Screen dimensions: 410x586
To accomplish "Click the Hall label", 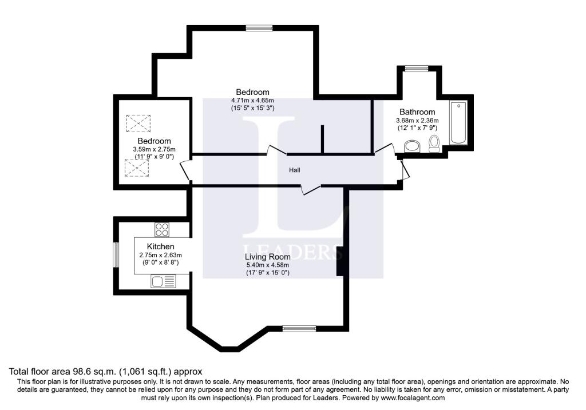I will tap(294, 170).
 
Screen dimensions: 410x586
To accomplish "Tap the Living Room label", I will tap(267, 257).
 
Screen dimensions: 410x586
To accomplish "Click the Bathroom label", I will tap(417, 112).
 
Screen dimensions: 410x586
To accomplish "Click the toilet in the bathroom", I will tap(434, 144).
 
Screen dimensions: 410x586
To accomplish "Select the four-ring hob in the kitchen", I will tap(162, 230).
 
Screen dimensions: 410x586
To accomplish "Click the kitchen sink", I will tap(164, 281).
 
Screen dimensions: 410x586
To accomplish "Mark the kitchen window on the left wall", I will tap(115, 254).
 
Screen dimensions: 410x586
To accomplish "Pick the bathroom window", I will tap(413, 69).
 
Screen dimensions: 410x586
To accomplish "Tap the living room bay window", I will tap(298, 328).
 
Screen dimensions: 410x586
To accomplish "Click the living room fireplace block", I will tap(340, 261).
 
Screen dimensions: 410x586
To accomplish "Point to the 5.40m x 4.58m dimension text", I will tap(267, 265).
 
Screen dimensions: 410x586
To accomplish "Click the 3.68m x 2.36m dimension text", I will tap(417, 121).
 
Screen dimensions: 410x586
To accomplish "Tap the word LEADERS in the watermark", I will tap(292, 251).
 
